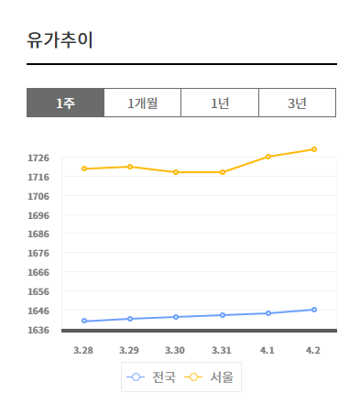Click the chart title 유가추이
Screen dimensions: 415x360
pos(60,41)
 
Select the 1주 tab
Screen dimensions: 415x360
pos(65,104)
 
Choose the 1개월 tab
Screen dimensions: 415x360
pos(142,104)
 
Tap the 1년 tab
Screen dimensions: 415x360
pos(220,104)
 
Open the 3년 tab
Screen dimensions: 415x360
pos(297,104)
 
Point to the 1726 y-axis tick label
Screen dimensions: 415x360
pos(38,158)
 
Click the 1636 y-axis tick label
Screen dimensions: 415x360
pos(38,330)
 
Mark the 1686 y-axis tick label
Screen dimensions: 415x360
pos(38,235)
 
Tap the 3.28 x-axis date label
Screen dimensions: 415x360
pos(83,350)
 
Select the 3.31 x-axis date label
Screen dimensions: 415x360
pos(222,350)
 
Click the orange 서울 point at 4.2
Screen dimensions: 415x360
pos(314,149)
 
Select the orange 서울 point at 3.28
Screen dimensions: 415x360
pos(84,169)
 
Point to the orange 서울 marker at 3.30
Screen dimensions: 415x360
pos(176,172)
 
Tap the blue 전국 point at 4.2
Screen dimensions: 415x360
pos(314,310)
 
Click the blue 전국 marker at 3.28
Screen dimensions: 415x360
pos(84,321)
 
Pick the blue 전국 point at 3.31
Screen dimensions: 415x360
pos(222,315)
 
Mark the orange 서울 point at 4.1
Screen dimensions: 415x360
pos(268,157)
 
